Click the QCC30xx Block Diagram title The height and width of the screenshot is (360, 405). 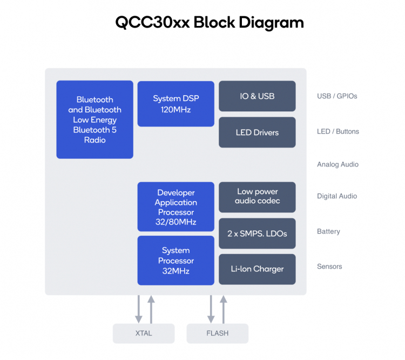click(x=210, y=23)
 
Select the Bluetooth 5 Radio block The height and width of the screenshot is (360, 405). click(x=94, y=119)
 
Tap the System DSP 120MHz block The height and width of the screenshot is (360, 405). click(x=175, y=104)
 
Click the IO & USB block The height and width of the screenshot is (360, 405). click(x=257, y=96)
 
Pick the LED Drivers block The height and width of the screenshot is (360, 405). click(x=257, y=132)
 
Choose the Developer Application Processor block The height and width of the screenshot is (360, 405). click(x=175, y=207)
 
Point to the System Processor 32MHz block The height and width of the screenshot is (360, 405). click(x=175, y=261)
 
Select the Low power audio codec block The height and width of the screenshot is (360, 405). click(x=257, y=197)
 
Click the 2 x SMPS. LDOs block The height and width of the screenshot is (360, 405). click(x=257, y=234)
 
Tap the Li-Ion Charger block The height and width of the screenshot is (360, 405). click(x=257, y=269)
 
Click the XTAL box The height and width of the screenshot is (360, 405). click(x=144, y=334)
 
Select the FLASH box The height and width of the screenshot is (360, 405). click(x=217, y=334)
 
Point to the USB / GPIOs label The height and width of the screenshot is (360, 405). click(x=337, y=96)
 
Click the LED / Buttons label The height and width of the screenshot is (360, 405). click(x=338, y=131)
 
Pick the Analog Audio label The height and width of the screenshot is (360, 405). click(x=337, y=164)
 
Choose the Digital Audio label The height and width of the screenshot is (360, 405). click(x=337, y=196)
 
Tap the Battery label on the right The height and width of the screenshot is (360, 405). click(x=328, y=231)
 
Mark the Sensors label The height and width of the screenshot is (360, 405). click(x=329, y=266)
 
